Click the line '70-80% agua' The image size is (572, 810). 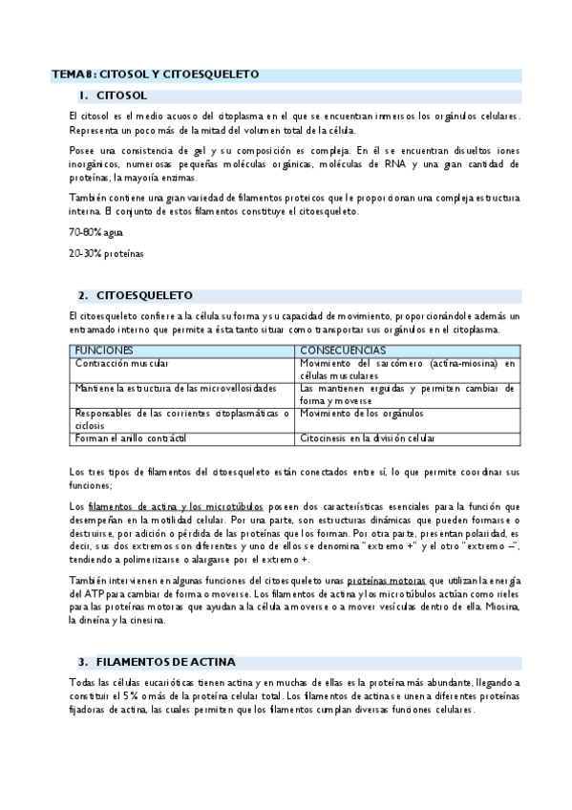pyautogui.click(x=95, y=232)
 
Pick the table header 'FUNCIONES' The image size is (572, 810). pyautogui.click(x=104, y=351)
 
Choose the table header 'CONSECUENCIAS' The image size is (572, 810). pyautogui.click(x=343, y=351)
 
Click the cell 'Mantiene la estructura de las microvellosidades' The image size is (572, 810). pyautogui.click(x=176, y=389)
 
